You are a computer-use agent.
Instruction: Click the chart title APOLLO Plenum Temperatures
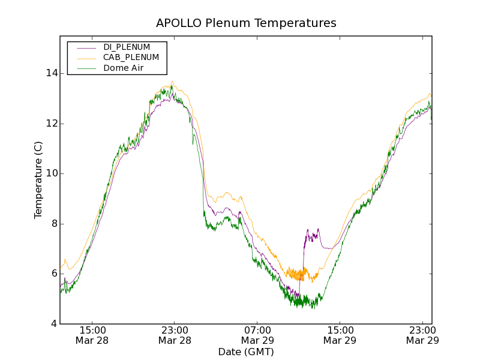246,23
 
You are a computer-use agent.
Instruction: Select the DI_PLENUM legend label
127,47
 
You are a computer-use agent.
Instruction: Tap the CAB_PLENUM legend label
131,58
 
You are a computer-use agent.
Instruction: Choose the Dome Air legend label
123,68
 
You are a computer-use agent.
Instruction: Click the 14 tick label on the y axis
52,73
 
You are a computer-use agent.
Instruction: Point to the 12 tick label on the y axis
52,124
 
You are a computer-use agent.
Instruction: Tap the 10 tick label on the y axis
52,173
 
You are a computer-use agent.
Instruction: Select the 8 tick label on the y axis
55,224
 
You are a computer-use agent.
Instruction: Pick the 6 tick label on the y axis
55,274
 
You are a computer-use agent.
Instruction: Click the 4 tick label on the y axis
55,324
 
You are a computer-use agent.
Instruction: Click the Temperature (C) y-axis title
38,180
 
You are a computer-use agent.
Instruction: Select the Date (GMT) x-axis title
246,352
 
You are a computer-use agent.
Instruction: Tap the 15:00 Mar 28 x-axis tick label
92,335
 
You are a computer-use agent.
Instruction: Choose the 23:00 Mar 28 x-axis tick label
175,335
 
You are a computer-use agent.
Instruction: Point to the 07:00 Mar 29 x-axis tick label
257,335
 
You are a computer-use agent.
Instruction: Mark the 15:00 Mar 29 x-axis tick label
340,335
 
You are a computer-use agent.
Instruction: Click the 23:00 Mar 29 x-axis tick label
422,335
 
